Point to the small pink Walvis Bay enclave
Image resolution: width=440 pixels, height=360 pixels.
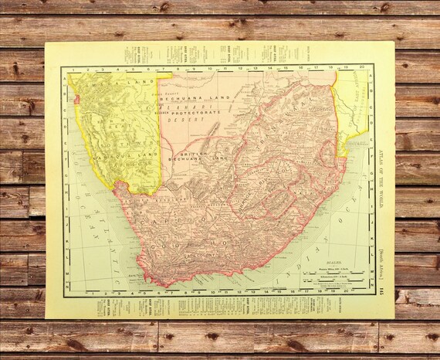[x=77, y=100]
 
